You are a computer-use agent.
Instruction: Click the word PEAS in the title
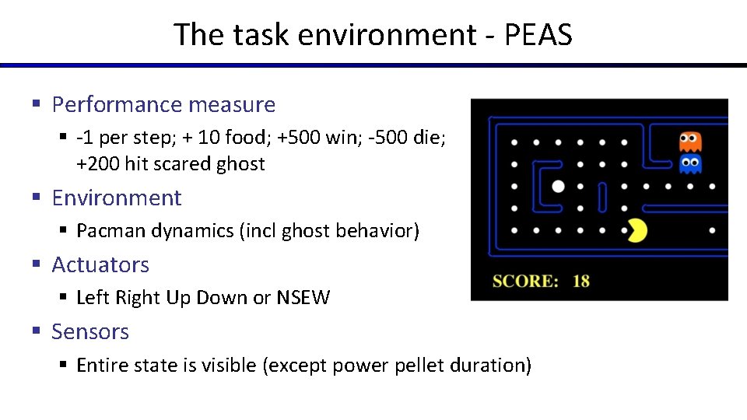[x=538, y=35]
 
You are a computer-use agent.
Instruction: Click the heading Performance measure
[x=163, y=104]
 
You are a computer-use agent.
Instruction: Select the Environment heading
[x=117, y=198]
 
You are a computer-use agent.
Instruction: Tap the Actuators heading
[x=100, y=264]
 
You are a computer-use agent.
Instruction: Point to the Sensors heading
[x=90, y=331]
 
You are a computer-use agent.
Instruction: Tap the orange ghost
[x=690, y=142]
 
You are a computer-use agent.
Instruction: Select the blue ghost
[x=690, y=164]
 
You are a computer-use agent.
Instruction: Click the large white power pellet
[x=558, y=187]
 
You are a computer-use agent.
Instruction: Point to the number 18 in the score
[x=581, y=281]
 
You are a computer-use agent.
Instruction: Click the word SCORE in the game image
[x=525, y=281]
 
